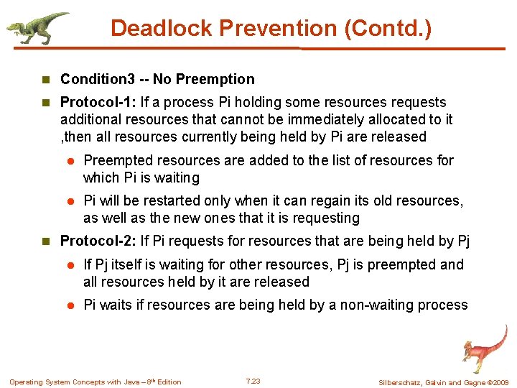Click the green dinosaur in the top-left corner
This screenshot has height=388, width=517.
point(36,27)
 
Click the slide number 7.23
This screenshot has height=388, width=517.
point(253,381)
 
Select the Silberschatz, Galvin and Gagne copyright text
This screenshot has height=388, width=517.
point(443,382)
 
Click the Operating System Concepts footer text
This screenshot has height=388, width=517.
point(95,382)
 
